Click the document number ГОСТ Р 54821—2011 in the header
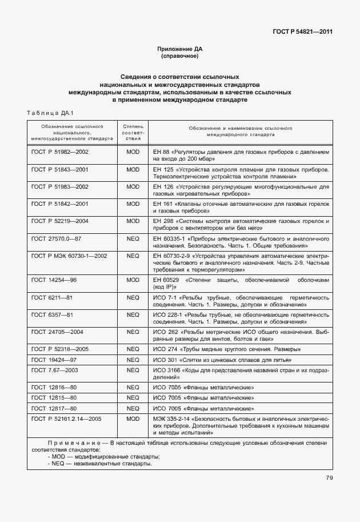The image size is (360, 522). click(x=303, y=31)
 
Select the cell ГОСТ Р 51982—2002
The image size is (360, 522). click(x=60, y=153)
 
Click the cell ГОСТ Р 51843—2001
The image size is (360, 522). click(x=60, y=170)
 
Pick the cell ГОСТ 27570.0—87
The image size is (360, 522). click(x=57, y=238)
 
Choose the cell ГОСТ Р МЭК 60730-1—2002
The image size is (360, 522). click(x=69, y=256)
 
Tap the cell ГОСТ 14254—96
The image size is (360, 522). click(x=54, y=280)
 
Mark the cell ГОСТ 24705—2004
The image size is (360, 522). click(x=57, y=332)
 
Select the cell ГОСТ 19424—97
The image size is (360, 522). click(x=54, y=360)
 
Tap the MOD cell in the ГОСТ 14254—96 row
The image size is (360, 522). click(x=133, y=280)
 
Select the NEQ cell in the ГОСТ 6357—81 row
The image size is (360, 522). click(x=133, y=314)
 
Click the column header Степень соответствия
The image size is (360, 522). click(x=133, y=131)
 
